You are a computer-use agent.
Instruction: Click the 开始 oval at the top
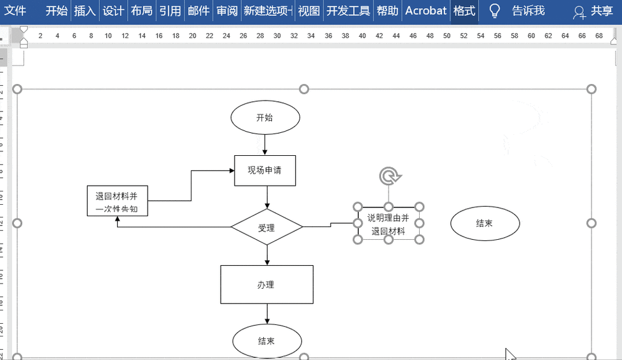(x=265, y=118)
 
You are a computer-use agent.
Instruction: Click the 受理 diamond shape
(x=266, y=227)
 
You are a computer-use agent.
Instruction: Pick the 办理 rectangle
(x=266, y=284)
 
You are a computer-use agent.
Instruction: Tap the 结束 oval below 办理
(x=266, y=341)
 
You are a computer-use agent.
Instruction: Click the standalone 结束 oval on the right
(x=485, y=223)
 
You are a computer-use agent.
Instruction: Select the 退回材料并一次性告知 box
(x=117, y=202)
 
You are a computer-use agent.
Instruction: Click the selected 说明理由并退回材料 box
(x=388, y=223)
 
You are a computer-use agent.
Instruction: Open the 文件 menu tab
(x=15, y=11)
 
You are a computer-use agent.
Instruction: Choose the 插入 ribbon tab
(x=84, y=11)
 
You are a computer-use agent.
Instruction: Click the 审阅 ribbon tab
(x=226, y=11)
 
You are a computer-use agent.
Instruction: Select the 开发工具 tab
(x=348, y=11)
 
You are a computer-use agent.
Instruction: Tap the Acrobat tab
(x=426, y=11)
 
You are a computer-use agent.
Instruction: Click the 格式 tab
(x=464, y=11)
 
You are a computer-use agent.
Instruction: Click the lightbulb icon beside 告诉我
(x=494, y=11)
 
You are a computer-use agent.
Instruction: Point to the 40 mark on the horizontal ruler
(x=362, y=36)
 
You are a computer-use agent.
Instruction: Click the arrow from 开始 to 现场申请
(x=266, y=145)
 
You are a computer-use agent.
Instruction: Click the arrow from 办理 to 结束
(x=266, y=314)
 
